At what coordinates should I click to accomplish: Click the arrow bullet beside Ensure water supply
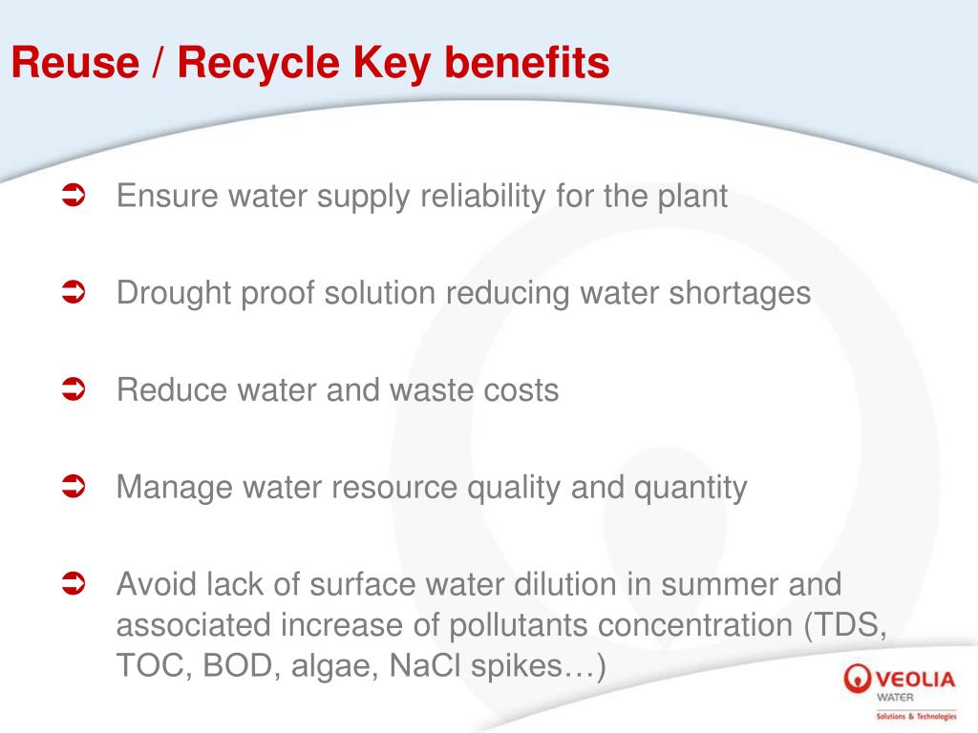(74, 197)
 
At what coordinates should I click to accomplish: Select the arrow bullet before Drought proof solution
(74, 293)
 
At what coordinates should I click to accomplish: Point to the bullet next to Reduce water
(74, 389)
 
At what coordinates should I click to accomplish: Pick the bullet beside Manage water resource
(74, 488)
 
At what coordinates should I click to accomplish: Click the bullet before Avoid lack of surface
(74, 583)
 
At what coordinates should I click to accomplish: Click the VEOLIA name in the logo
(913, 680)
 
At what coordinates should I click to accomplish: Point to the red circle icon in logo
(857, 681)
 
